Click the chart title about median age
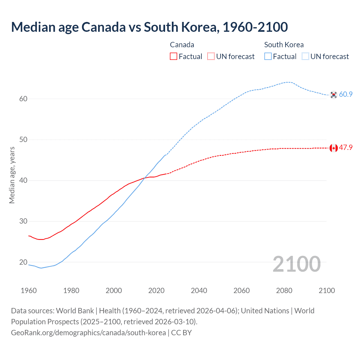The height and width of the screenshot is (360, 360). pos(149,27)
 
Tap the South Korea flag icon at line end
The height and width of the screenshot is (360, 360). pos(334,95)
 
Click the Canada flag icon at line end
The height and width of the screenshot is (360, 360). pos(334,148)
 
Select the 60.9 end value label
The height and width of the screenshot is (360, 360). pos(346,94)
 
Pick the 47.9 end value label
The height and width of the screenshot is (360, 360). pos(346,148)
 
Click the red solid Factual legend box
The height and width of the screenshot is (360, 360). pos(174,56)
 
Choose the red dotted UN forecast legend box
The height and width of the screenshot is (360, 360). pos(211,56)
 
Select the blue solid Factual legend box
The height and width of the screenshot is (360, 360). pos(268,56)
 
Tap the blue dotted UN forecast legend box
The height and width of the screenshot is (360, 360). pos(305,56)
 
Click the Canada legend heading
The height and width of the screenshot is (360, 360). pos(182,45)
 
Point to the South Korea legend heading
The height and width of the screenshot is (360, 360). pos(284,45)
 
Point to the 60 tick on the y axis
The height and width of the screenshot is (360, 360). pos(23,99)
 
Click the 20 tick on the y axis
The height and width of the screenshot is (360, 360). pos(23,262)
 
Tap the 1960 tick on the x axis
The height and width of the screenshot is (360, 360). pos(29,291)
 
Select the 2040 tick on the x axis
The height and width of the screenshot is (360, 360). pos(199,291)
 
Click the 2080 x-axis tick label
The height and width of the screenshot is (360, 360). pos(284,291)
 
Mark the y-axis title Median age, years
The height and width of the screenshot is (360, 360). pos(12,175)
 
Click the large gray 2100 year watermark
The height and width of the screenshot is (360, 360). pos(296,264)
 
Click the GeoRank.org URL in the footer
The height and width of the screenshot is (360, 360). pos(88,333)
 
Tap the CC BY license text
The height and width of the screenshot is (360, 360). pos(181,333)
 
